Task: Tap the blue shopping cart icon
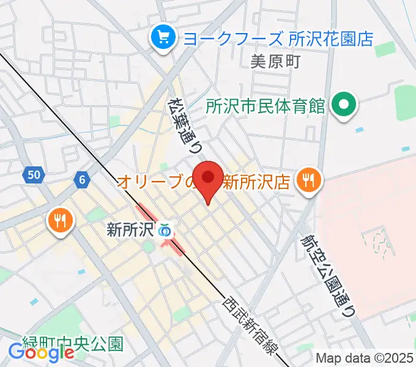163,39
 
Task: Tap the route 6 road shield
81,179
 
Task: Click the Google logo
41,352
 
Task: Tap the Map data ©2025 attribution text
365,357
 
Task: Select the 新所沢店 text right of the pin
255,181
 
